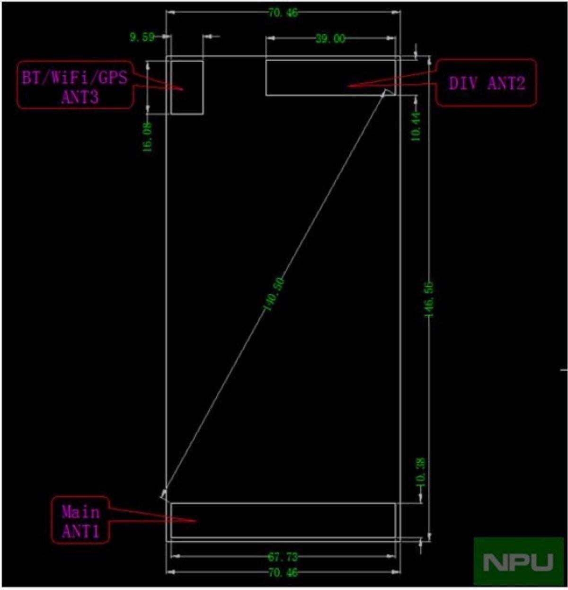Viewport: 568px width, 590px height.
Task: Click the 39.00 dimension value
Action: tap(330, 39)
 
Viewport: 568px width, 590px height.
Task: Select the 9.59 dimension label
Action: tap(142, 37)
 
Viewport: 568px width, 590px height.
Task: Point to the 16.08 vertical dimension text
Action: tap(148, 137)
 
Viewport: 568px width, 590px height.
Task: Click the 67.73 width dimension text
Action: tap(283, 556)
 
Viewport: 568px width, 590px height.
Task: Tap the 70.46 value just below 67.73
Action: tap(283, 572)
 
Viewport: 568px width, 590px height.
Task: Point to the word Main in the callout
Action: tap(81, 512)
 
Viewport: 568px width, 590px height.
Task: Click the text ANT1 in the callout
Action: tap(81, 531)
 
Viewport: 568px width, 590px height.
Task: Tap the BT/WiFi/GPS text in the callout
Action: tap(75, 77)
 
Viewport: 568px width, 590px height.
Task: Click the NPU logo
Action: tap(519, 562)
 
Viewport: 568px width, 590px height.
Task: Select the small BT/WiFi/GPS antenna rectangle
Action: tap(187, 87)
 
